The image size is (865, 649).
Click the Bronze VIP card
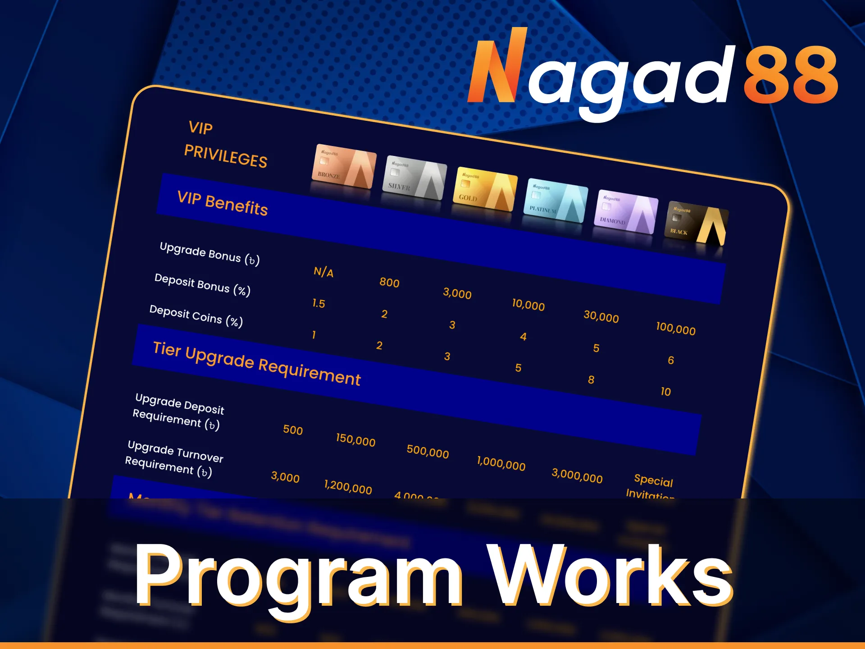point(344,166)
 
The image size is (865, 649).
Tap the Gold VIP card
point(485,189)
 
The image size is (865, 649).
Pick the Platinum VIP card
point(556,201)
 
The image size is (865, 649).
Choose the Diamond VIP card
point(626,212)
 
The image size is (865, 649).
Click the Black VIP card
point(697,224)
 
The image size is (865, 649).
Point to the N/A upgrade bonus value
point(323,272)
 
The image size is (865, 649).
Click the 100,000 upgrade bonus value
point(675,329)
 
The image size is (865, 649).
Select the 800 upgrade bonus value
point(389,283)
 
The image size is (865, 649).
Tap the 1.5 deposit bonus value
point(319,303)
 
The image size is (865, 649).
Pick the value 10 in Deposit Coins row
point(665,392)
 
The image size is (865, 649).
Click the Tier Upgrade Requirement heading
point(257,363)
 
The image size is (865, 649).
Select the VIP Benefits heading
point(223,203)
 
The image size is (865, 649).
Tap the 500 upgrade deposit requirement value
point(293,430)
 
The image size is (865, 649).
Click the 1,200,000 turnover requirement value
point(348,487)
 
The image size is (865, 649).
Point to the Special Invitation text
point(652,487)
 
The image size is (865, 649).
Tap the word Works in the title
point(611,576)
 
